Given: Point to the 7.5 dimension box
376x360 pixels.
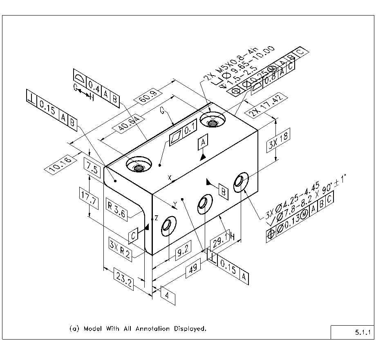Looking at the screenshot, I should click(x=92, y=168).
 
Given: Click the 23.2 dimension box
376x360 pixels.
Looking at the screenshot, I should click(x=123, y=282).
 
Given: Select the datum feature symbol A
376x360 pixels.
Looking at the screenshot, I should click(x=203, y=142).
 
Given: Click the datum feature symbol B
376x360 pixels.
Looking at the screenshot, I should click(x=223, y=190).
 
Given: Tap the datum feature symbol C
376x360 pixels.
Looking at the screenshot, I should click(x=134, y=236).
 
